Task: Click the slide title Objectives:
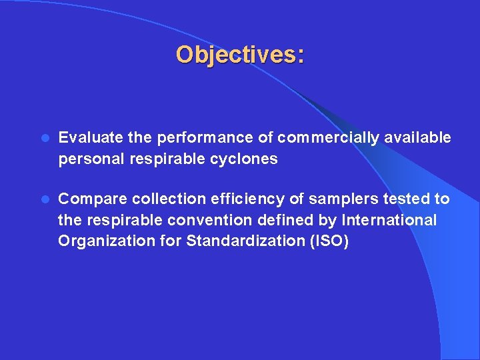pos(240,55)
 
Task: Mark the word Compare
pos(93,199)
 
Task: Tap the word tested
pos(393,199)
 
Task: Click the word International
pos(389,220)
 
